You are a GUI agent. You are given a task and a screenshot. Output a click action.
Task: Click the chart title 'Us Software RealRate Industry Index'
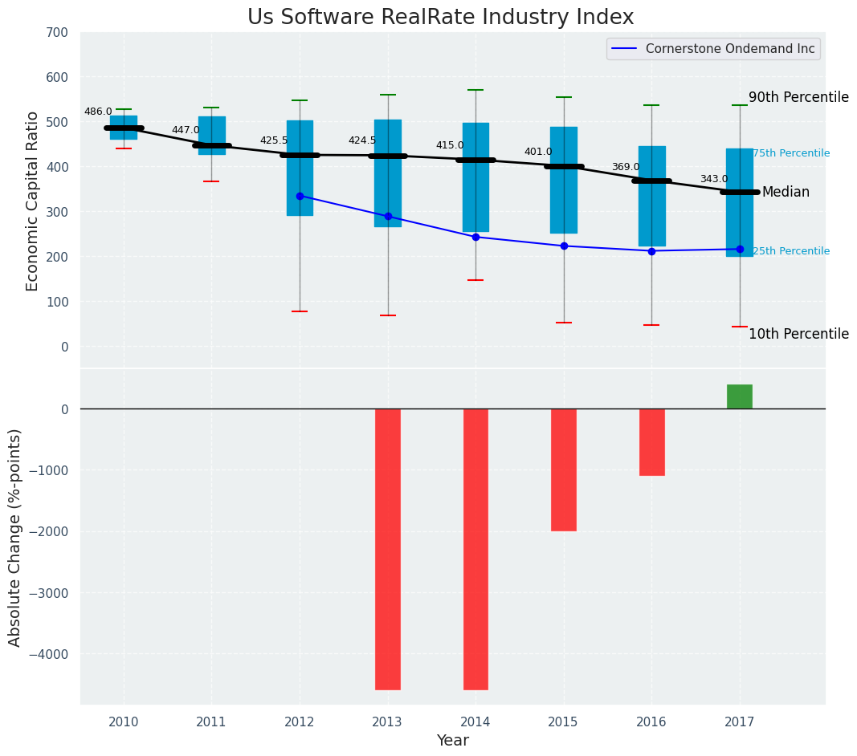440,18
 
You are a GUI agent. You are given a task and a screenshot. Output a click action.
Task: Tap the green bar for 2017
739,396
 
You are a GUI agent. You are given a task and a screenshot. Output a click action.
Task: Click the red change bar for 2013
388,549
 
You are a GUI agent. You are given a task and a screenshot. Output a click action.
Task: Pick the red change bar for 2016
651,441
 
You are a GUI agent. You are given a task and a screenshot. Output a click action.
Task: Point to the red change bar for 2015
563,469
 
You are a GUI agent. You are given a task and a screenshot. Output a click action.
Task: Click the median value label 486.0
98,112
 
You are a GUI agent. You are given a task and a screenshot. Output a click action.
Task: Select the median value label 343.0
713,179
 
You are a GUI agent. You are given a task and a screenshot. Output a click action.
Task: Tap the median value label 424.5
361,140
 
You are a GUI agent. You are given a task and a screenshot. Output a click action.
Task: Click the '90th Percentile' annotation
798,97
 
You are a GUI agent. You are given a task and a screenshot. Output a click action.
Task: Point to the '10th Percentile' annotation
798,334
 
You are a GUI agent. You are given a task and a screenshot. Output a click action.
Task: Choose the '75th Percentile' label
791,153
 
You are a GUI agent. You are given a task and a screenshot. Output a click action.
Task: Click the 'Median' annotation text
786,192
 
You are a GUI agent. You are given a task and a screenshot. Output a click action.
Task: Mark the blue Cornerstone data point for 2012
300,196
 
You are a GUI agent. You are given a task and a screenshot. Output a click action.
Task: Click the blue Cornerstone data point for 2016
651,251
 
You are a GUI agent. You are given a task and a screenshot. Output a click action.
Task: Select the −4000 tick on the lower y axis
50,654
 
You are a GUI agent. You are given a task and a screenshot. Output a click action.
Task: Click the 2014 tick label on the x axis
475,721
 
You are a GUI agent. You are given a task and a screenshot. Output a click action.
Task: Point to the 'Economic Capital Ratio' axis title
33,201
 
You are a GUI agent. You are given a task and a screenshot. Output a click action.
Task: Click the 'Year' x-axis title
453,741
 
